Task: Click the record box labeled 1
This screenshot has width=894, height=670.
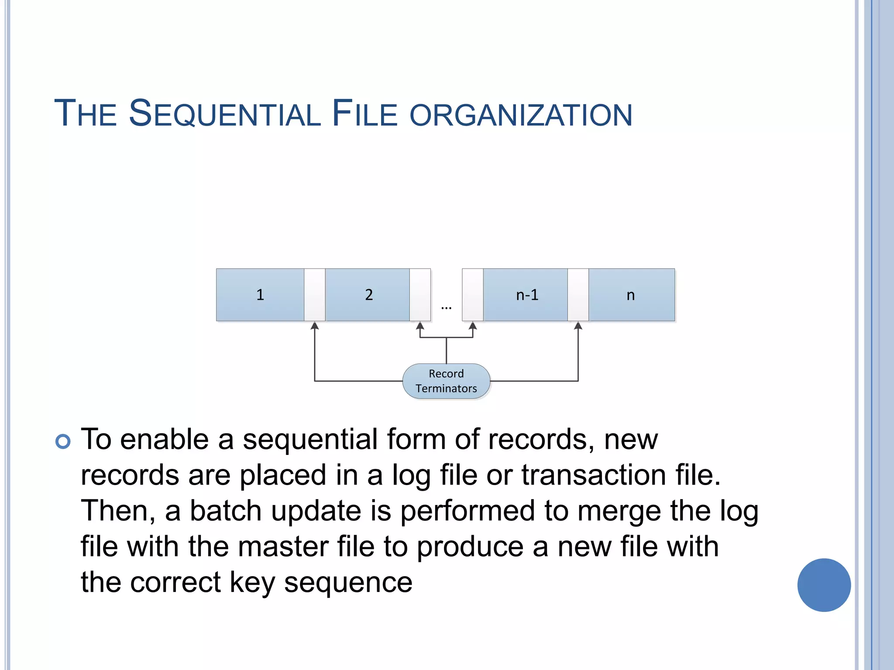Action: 260,295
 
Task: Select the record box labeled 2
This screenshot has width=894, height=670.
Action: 368,295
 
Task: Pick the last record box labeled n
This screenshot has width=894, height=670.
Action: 631,295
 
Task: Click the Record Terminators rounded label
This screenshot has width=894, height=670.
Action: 446,381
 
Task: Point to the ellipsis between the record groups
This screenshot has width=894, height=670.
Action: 446,308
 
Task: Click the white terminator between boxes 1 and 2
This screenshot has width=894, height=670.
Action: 315,295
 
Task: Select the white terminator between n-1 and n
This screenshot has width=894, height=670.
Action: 578,295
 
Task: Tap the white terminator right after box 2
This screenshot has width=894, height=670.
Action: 420,295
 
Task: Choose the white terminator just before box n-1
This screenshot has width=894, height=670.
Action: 473,295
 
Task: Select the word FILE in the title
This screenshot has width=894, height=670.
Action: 364,114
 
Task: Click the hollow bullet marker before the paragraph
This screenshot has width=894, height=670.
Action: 63,441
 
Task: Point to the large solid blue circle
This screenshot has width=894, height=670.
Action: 824,585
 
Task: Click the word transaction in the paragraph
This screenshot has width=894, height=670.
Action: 594,475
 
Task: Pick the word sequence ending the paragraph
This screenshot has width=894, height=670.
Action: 348,583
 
